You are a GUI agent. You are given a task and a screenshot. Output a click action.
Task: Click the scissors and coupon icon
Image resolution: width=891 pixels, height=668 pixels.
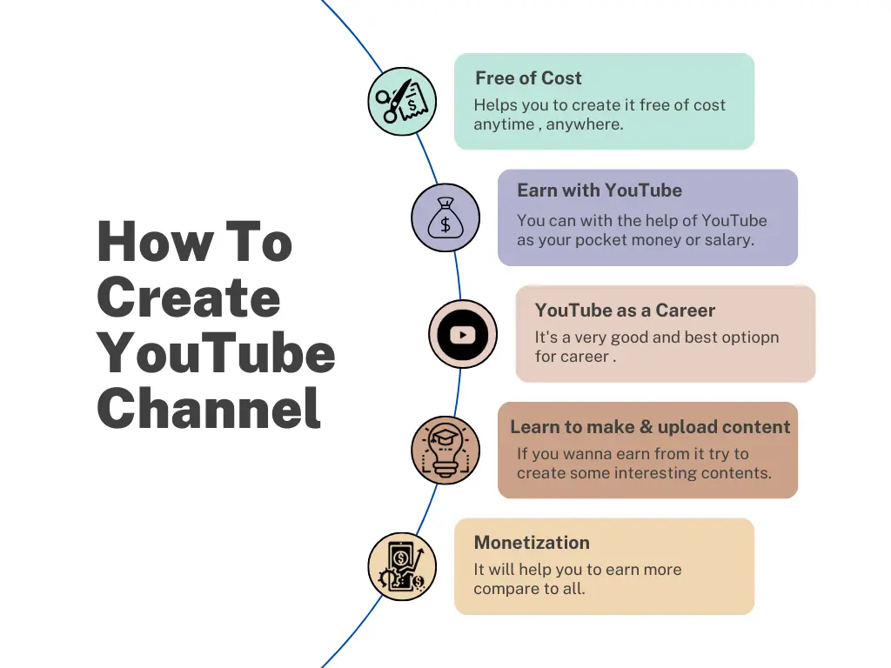click(401, 102)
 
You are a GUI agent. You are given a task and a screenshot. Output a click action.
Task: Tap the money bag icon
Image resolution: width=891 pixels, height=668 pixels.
click(445, 217)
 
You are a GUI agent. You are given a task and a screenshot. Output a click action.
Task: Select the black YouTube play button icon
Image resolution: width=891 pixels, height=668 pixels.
click(463, 334)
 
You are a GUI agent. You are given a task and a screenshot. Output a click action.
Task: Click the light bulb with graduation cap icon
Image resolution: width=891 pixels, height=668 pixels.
click(445, 450)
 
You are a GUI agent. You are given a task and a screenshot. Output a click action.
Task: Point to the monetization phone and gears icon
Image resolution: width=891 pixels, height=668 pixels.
click(401, 566)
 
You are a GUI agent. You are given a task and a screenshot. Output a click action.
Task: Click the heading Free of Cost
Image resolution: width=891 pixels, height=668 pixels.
click(528, 78)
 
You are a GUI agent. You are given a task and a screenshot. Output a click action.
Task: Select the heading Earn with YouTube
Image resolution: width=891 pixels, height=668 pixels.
click(599, 190)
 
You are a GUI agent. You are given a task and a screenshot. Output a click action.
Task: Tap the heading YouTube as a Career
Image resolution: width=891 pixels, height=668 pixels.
click(625, 311)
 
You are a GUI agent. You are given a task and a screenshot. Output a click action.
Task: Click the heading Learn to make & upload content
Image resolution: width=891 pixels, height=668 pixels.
click(650, 427)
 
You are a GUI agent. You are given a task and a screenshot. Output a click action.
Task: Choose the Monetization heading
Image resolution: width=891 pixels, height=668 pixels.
click(532, 543)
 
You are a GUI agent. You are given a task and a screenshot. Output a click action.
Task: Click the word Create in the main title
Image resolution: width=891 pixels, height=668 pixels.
click(189, 297)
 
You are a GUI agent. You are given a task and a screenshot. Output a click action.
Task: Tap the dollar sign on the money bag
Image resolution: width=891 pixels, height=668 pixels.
click(445, 224)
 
